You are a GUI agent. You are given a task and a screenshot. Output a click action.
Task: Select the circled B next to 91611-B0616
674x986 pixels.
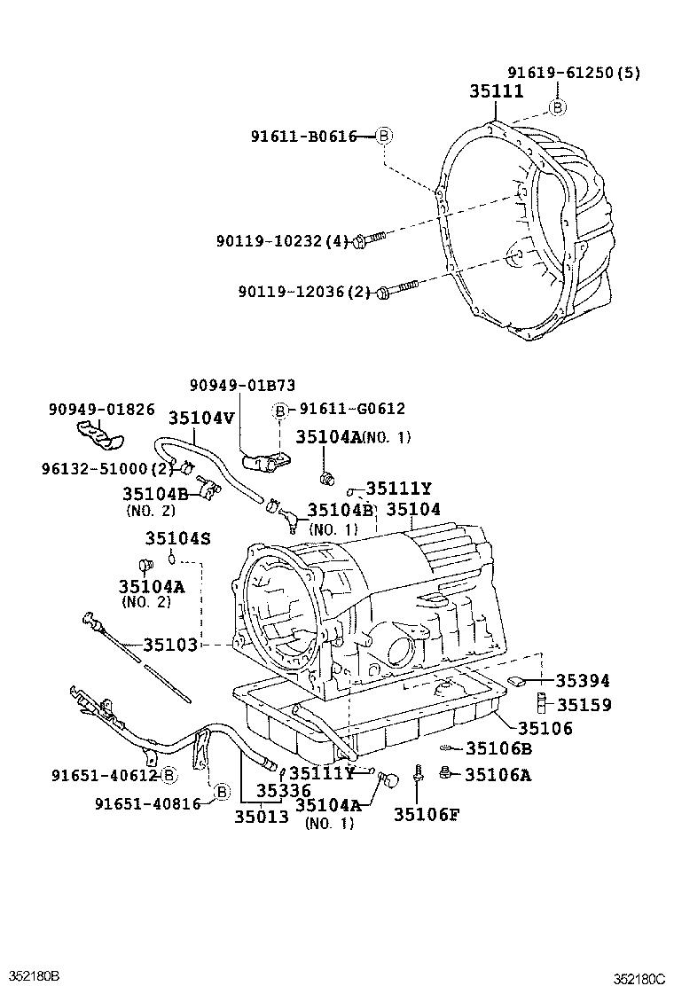tap(383, 136)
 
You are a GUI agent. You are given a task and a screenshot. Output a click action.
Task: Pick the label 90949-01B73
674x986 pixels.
tap(242, 385)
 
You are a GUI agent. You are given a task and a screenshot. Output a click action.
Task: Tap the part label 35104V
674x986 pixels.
tap(202, 416)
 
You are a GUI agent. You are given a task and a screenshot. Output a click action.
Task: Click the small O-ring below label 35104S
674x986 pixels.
tap(174, 560)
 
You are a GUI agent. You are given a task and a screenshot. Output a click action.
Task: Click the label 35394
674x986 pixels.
tap(583, 681)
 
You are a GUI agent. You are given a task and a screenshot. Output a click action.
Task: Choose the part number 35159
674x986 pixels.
tap(583, 705)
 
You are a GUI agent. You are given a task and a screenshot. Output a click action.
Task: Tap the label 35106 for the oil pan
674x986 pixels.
tap(545, 728)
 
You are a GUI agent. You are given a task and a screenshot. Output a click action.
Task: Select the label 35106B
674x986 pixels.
tap(499, 749)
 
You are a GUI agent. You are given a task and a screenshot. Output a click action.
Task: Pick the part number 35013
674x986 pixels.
tap(262, 817)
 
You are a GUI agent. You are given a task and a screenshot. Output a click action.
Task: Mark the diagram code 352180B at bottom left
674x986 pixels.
tap(33, 976)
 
